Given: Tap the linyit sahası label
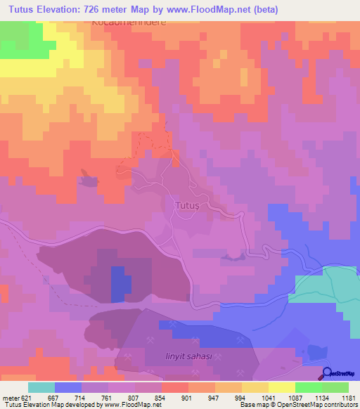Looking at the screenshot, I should pos(185,359).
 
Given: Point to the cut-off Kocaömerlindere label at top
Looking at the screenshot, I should pos(128,22).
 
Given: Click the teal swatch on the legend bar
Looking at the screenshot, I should pos(41,387).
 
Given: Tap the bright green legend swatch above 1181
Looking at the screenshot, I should pos(335,387).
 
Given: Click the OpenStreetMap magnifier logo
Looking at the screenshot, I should pos(328,373).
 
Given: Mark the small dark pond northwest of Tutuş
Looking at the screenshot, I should pos(89,181).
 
